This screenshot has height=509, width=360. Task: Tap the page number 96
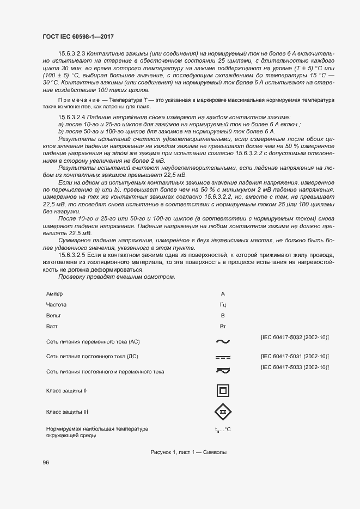pos(46,462)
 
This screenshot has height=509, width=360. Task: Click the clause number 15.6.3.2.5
pos(72,255)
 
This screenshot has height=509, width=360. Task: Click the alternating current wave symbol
pos(222,342)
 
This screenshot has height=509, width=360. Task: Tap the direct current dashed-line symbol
pos(222,357)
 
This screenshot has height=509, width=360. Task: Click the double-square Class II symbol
pos(222,391)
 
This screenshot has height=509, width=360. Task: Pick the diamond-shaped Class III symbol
pos(222,412)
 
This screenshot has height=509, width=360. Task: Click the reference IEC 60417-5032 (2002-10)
pos(295,338)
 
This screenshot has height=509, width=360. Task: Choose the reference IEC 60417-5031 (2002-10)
pos(295,356)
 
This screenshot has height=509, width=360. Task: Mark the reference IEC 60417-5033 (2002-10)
pos(295,367)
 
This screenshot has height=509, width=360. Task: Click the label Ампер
pos(55,294)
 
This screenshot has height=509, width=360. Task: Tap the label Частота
pos(57,305)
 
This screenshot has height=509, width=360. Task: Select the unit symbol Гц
pos(222,305)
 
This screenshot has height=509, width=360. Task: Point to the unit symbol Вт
pos(222,327)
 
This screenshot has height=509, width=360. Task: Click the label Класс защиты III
pos(67,412)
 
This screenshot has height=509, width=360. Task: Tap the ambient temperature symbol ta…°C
pos(223,430)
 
